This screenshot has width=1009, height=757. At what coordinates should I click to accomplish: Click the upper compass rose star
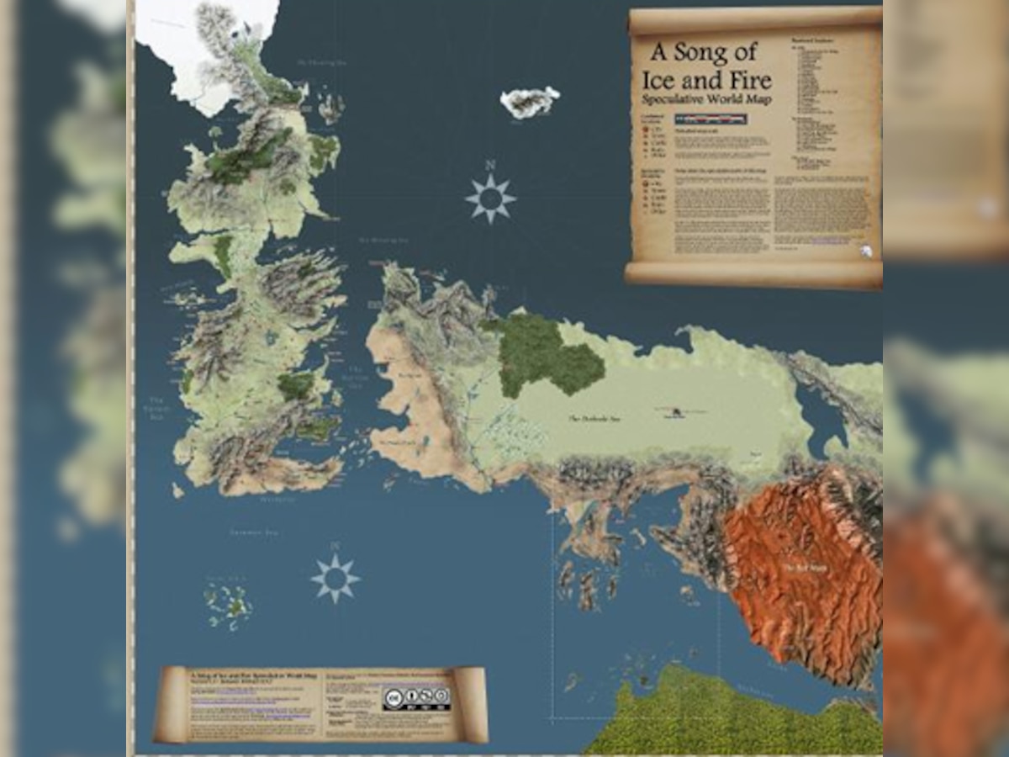click(490, 199)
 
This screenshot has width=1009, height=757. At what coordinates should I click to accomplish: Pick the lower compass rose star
click(335, 578)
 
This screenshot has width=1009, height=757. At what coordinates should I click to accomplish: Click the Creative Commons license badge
click(416, 698)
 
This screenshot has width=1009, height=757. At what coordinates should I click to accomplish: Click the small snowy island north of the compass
click(530, 102)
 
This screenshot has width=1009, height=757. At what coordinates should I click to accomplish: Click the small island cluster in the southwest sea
click(228, 603)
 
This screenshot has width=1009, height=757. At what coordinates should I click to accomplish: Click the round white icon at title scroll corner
click(865, 250)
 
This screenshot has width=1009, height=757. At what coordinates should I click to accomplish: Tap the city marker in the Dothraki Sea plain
click(675, 411)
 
